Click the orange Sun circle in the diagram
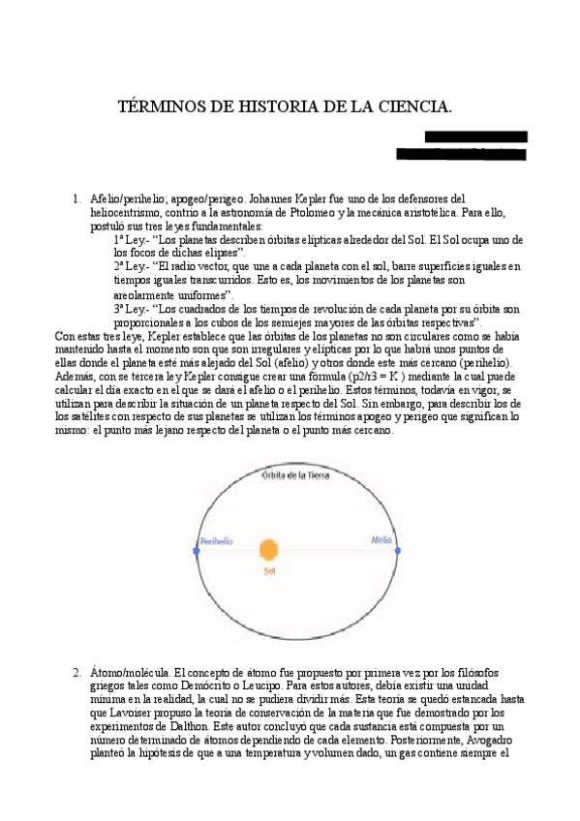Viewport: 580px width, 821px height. click(x=268, y=550)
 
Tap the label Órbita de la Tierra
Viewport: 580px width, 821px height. click(x=295, y=474)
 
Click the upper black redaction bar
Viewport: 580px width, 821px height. click(x=475, y=137)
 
